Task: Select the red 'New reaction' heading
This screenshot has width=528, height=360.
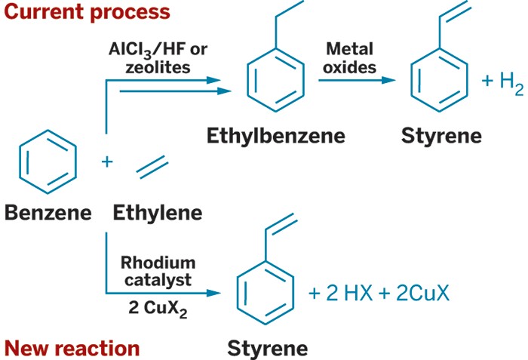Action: [x=72, y=348]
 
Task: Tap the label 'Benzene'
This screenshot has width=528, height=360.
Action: [x=48, y=213]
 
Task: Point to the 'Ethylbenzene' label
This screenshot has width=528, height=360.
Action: [x=275, y=136]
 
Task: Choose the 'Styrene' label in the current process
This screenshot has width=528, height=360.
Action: [x=441, y=136]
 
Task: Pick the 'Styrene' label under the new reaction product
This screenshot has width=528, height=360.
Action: [x=268, y=349]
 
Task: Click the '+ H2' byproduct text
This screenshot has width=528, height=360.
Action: [x=502, y=82]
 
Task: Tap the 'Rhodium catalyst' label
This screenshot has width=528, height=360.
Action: [x=158, y=271]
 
